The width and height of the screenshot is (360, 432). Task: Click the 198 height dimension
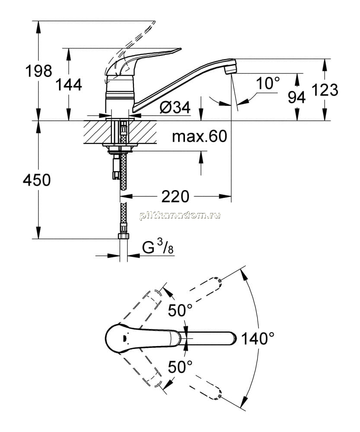pyautogui.click(x=38, y=71)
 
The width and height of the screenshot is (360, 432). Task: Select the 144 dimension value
pyautogui.click(x=69, y=85)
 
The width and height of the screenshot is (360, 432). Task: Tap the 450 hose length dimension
pyautogui.click(x=37, y=180)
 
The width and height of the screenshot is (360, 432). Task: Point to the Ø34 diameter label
pyautogui.click(x=175, y=107)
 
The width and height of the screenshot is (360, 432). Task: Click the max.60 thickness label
pyautogui.click(x=200, y=136)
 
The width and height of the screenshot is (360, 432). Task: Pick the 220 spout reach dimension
pyautogui.click(x=175, y=197)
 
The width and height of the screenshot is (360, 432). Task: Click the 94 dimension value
pyautogui.click(x=296, y=98)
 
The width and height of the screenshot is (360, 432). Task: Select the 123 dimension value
pyautogui.click(x=325, y=90)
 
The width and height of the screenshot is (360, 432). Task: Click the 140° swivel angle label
pyautogui.click(x=258, y=338)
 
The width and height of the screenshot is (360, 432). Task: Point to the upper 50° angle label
pyautogui.click(x=180, y=311)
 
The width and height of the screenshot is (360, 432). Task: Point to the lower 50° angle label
pyautogui.click(x=180, y=367)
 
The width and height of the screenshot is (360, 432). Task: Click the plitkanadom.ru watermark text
pyautogui.click(x=180, y=216)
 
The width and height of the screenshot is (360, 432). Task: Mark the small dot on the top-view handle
pyautogui.click(x=124, y=338)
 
